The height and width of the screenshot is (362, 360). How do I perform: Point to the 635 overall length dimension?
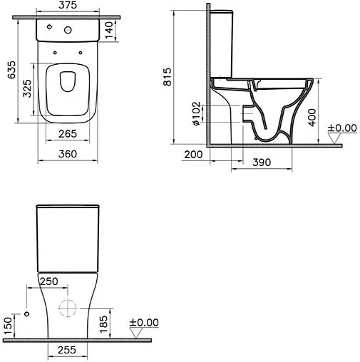pyautogui.click(x=8, y=70)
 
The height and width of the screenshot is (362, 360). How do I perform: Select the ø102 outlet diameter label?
pyautogui.click(x=197, y=114)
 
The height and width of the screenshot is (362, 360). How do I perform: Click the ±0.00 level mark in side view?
pyautogui.click(x=341, y=128)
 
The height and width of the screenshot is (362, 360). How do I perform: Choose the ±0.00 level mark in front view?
pyautogui.click(x=145, y=323)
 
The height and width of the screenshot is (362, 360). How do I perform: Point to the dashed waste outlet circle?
pyautogui.click(x=66, y=308)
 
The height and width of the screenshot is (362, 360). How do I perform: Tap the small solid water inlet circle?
pyautogui.click(x=26, y=314)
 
